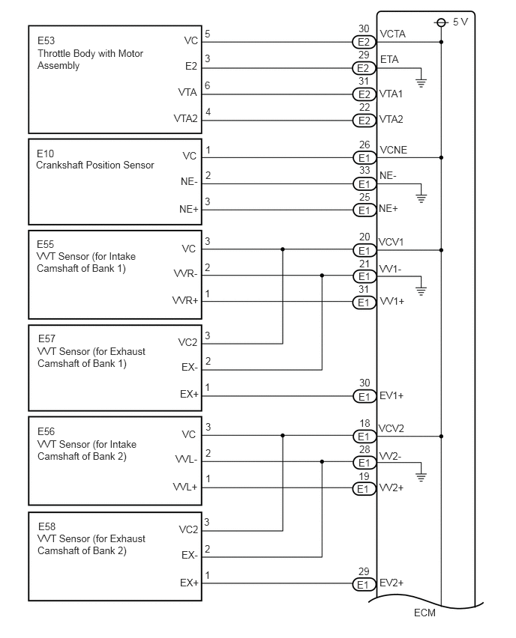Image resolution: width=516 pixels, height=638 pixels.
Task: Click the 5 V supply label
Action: pyautogui.click(x=460, y=22)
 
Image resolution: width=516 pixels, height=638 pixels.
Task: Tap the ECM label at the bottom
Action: pyautogui.click(x=424, y=613)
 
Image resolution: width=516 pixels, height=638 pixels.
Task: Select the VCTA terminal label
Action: pyautogui.click(x=392, y=34)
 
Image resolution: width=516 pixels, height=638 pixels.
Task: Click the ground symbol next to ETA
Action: pyautogui.click(x=421, y=83)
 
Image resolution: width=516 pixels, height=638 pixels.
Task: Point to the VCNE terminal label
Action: pyautogui.click(x=393, y=151)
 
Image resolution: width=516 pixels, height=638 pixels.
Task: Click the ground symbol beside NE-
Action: pyautogui.click(x=421, y=198)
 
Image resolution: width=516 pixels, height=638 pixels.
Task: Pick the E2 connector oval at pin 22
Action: pyautogui.click(x=364, y=121)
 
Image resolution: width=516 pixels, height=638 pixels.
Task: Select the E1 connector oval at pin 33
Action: pyautogui.click(x=364, y=184)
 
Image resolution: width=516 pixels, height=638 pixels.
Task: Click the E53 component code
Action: pyautogui.click(x=46, y=40)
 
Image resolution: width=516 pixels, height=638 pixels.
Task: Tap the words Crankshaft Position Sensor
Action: pyautogui.click(x=95, y=165)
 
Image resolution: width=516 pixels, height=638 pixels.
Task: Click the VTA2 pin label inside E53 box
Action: pyautogui.click(x=185, y=118)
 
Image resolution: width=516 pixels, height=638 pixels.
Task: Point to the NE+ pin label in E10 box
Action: pyautogui.click(x=189, y=209)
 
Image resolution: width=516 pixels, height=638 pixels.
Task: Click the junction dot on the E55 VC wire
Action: pyautogui.click(x=283, y=249)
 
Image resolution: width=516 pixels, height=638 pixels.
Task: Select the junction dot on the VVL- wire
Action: pyautogui.click(x=322, y=462)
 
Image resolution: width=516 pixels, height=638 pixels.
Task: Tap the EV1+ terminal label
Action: pyautogui.click(x=391, y=395)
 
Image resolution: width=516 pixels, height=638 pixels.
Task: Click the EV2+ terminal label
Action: pyautogui.click(x=391, y=583)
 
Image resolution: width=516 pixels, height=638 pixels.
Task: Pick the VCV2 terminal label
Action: pyautogui.click(x=391, y=428)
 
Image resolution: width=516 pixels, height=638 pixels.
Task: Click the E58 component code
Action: pyautogui.click(x=46, y=526)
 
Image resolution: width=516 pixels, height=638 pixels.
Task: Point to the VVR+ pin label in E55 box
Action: pyautogui.click(x=185, y=301)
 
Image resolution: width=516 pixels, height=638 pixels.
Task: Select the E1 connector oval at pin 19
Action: pyautogui.click(x=364, y=489)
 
